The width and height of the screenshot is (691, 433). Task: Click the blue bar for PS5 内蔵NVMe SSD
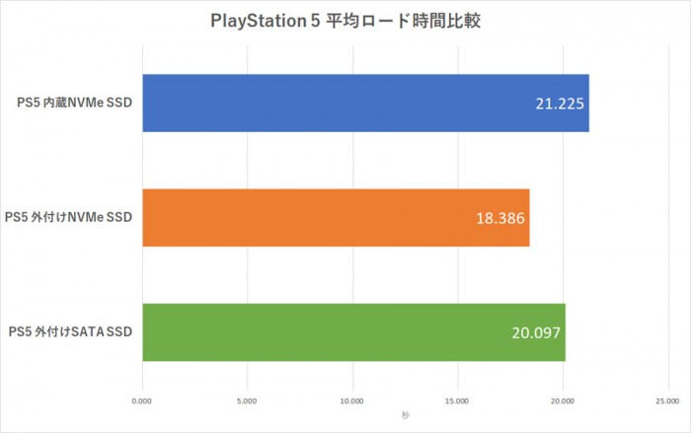coord(365,104)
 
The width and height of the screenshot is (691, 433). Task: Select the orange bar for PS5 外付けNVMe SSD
coord(336,217)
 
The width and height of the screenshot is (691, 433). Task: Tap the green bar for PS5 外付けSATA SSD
coord(353,331)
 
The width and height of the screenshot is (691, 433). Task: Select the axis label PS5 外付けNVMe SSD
coord(68,216)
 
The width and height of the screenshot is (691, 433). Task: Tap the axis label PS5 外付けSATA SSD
coord(69,330)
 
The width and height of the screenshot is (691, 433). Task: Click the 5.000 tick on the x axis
coord(248,401)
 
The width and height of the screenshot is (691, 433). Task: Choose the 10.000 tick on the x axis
coord(352,401)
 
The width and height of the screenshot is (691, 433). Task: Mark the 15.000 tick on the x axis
coord(457,401)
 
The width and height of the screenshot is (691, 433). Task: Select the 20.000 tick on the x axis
coord(563,401)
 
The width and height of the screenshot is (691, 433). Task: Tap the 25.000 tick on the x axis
coord(667,401)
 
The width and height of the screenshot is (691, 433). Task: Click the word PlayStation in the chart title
coord(257,21)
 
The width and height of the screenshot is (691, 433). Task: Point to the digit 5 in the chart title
coord(315,21)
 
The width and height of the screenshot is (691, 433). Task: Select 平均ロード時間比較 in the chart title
coord(403,21)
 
